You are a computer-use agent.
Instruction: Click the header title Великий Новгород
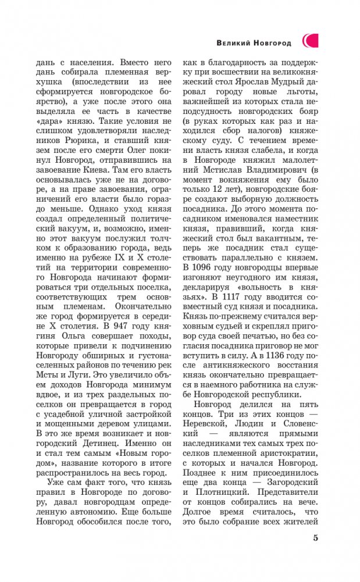click(255, 42)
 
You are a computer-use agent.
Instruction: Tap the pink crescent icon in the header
click(309, 41)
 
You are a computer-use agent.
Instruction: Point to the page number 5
click(315, 537)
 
